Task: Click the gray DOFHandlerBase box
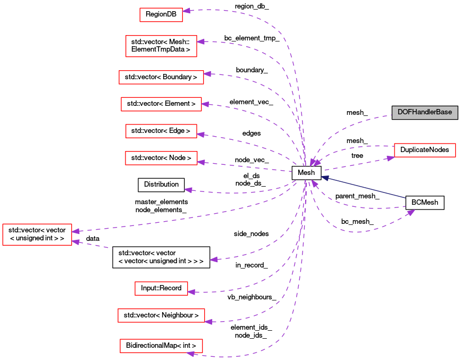[x=424, y=112]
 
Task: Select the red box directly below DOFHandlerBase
[x=425, y=150]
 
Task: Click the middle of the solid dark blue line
[x=364, y=188]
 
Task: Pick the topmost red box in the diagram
[x=161, y=15]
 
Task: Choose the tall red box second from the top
[x=161, y=46]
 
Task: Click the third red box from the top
[x=161, y=77]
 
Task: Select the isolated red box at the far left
[x=37, y=235]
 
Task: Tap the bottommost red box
[x=161, y=346]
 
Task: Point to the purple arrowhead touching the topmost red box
[x=187, y=11]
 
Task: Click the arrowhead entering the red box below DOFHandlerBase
[x=390, y=158]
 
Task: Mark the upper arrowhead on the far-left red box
[x=76, y=231]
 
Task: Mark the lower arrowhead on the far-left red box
[x=76, y=242]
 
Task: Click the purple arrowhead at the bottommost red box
[x=190, y=354]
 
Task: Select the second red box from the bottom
[x=161, y=315]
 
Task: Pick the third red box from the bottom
[x=161, y=288]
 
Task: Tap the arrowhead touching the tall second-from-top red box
[x=200, y=41]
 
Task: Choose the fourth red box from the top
[x=161, y=104]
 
